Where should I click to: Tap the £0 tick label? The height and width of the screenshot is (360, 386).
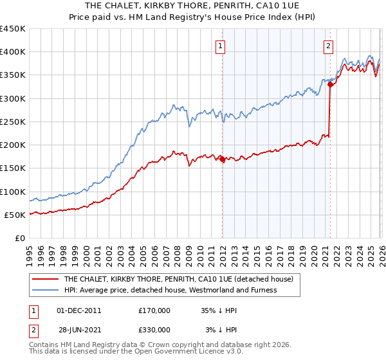coord(21,238)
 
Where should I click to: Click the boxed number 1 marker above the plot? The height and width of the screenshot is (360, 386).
coord(221,45)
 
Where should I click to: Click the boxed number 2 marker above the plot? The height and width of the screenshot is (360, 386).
coord(328,45)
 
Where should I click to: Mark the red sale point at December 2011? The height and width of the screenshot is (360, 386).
coord(223,159)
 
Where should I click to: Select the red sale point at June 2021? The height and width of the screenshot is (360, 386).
coord(330,84)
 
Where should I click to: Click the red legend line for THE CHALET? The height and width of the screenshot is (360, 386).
coord(46,279)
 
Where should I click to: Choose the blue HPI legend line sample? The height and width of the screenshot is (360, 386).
coord(46,290)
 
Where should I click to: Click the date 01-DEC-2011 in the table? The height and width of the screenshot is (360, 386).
coord(79,309)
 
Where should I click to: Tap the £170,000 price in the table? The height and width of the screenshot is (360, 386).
coord(154,309)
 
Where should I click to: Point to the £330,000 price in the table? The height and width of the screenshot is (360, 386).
coord(154,329)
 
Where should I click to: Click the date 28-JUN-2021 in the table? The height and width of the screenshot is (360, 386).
coord(79,329)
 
